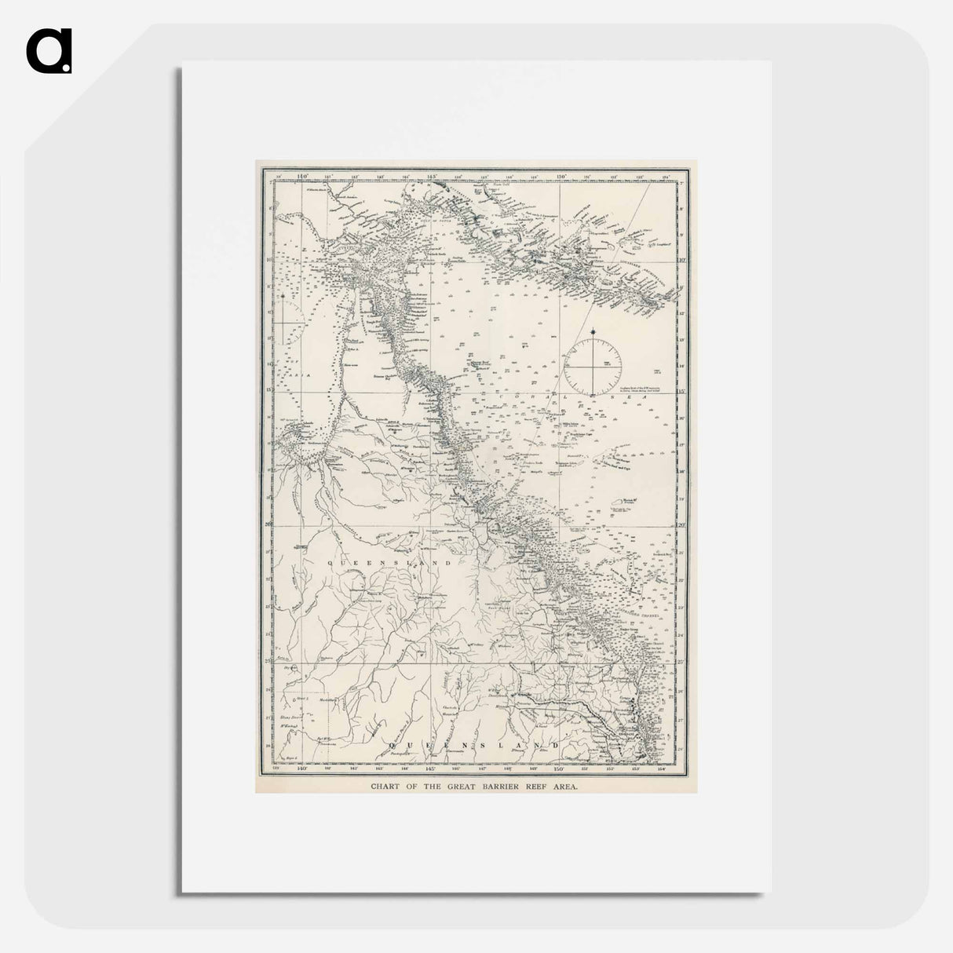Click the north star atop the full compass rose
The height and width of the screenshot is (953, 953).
595,333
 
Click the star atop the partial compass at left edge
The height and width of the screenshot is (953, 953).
281,297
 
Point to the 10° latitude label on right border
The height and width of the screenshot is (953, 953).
681,259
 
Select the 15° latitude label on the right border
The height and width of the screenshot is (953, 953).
681,391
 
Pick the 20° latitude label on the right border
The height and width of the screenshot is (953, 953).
681,524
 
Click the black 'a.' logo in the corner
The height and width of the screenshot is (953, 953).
49,52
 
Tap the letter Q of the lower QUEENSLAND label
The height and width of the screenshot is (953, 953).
385,741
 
